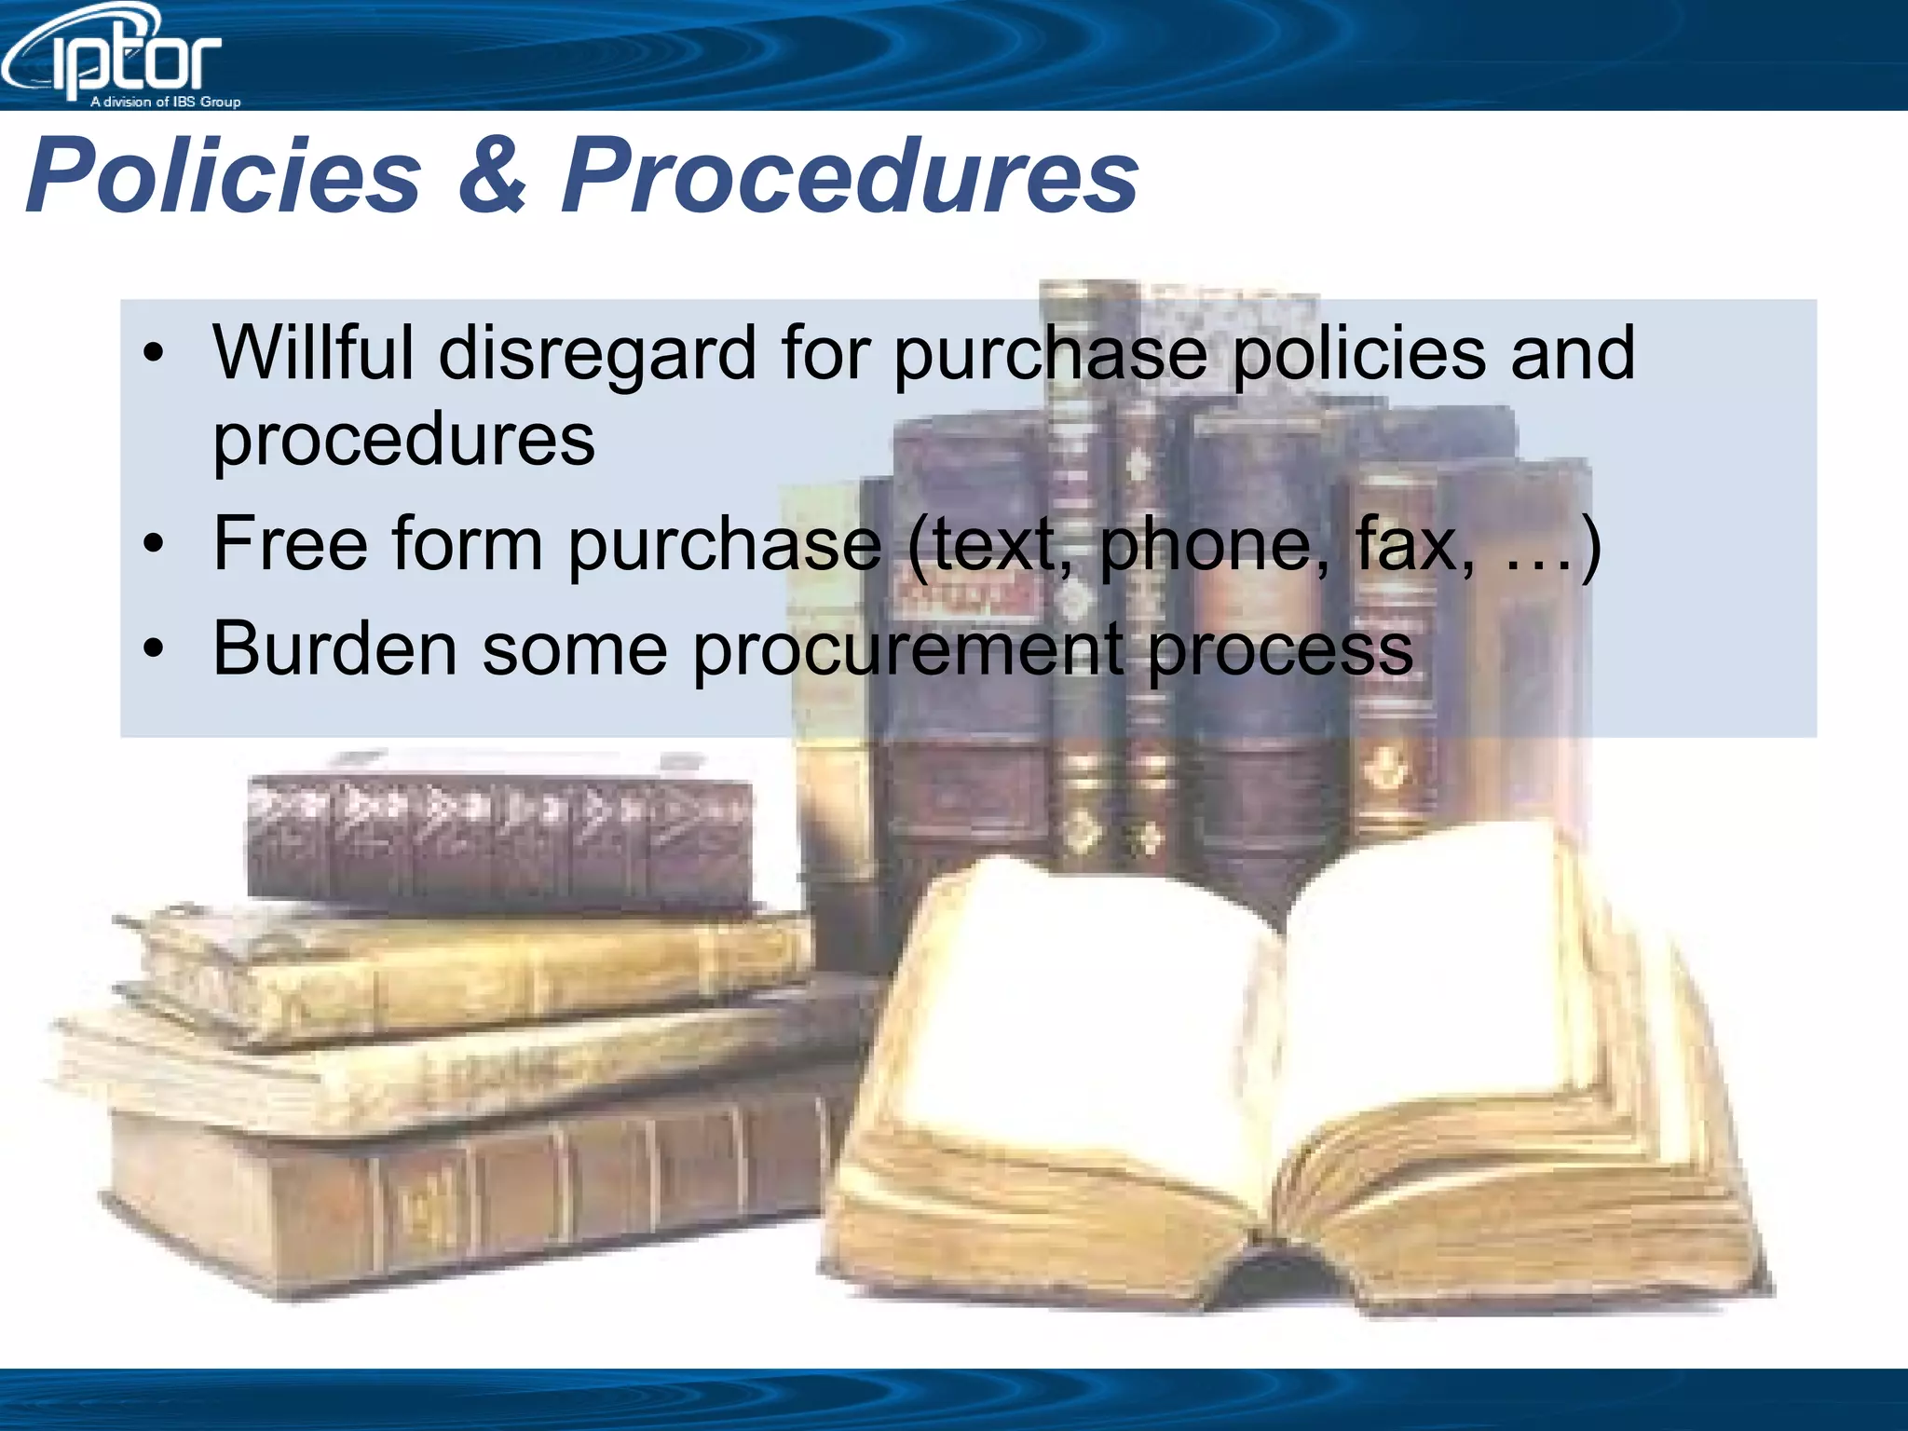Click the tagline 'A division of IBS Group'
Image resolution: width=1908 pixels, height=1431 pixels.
point(165,102)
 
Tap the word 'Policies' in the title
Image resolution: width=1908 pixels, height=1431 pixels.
point(224,175)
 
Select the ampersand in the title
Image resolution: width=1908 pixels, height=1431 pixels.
point(491,175)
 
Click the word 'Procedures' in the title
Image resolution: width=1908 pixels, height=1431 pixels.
point(850,175)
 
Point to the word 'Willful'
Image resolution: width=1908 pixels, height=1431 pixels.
point(313,353)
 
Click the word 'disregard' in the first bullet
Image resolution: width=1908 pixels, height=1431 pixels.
point(596,353)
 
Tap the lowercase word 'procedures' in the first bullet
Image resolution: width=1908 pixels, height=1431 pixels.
point(403,439)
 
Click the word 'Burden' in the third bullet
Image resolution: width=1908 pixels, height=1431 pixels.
point(334,648)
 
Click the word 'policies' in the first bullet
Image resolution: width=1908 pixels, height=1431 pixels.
point(1359,353)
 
